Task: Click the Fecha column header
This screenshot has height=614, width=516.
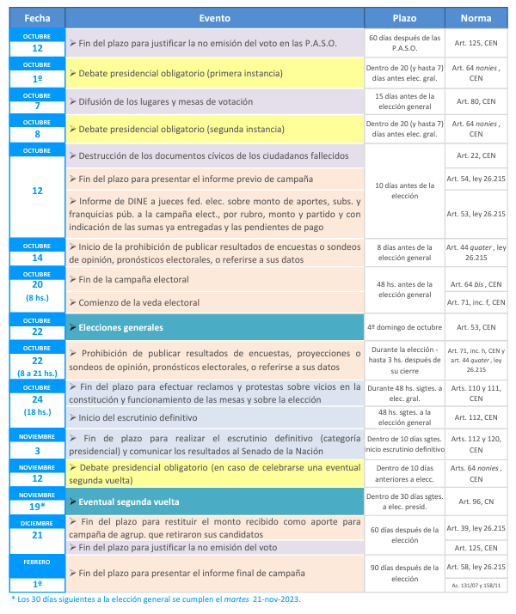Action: (x=36, y=17)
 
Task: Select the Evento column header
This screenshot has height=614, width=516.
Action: (x=214, y=17)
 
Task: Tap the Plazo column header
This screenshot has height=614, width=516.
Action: (x=403, y=17)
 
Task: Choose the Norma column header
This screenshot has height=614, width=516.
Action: (x=476, y=17)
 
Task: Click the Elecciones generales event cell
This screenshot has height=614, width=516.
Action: (x=214, y=327)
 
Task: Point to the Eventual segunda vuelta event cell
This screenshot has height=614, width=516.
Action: (x=214, y=501)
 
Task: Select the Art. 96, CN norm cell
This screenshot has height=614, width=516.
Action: (x=476, y=501)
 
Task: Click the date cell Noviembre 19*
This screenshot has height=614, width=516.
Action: (x=36, y=501)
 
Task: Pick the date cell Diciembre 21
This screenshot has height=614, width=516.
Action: (x=36, y=533)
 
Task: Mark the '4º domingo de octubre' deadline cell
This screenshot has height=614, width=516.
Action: (x=403, y=327)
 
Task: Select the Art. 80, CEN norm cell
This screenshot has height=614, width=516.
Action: (x=476, y=101)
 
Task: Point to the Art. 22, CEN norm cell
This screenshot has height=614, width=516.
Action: (x=476, y=155)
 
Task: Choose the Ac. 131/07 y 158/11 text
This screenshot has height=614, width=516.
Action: (x=476, y=584)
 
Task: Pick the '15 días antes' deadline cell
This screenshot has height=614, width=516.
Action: (x=403, y=101)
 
